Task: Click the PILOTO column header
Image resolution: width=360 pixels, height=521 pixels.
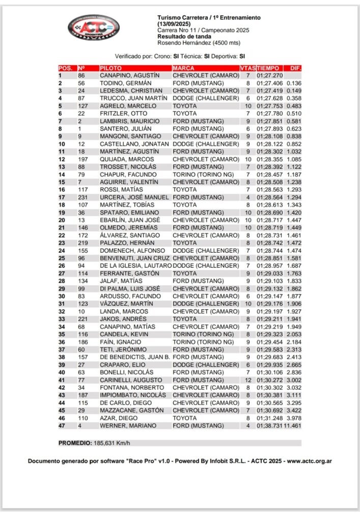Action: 110,68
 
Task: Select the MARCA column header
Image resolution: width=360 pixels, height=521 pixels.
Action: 183,68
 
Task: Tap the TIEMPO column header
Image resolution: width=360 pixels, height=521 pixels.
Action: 268,68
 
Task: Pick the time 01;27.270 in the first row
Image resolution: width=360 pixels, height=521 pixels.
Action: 269,75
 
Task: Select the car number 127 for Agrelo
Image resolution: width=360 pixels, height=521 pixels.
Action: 82,106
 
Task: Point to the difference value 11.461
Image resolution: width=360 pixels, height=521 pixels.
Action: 294,425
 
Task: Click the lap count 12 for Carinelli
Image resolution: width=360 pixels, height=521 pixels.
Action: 248,380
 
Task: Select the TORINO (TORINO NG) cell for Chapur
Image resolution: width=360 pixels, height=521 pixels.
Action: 202,174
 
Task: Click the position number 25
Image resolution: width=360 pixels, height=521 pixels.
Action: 62,258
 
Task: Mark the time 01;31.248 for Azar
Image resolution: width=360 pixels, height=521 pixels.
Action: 269,418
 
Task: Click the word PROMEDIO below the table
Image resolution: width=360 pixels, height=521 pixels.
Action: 75,443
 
